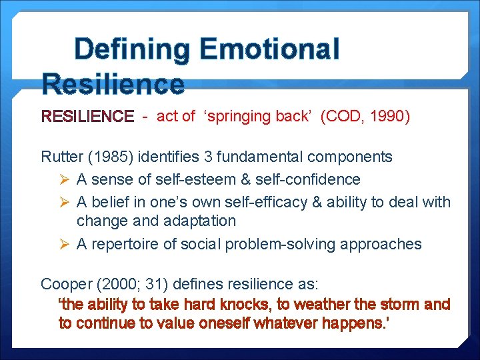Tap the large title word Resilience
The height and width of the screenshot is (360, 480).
click(112, 85)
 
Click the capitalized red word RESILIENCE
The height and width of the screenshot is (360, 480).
click(87, 117)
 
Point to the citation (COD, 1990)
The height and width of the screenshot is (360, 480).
click(365, 117)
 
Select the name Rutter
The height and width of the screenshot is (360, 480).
click(61, 157)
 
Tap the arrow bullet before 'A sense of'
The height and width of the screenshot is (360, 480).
click(64, 179)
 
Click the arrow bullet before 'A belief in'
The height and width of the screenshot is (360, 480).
click(64, 201)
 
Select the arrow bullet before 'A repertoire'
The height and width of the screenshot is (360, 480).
click(64, 244)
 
